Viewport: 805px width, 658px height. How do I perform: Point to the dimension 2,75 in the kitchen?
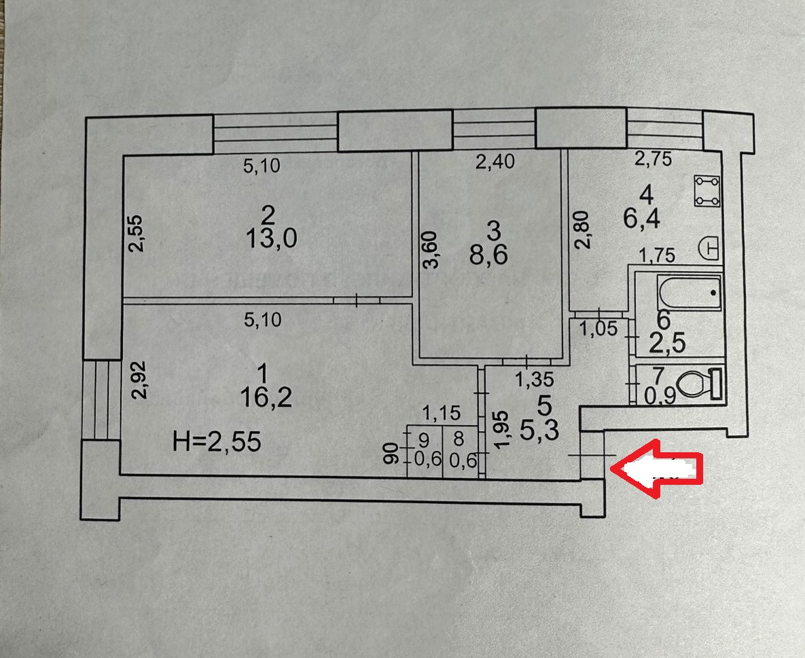652,160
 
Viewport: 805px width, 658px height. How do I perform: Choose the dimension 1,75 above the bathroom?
658,257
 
